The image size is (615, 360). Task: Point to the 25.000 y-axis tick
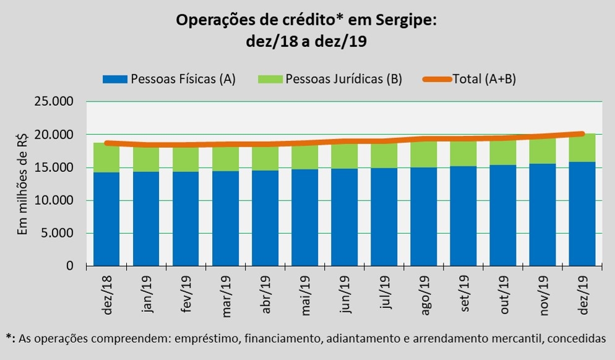click(54, 102)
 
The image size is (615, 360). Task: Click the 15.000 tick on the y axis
click(54, 168)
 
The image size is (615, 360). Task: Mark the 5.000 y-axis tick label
click(56, 233)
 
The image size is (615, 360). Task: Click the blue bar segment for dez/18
click(106, 219)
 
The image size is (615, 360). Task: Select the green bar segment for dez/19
click(582, 148)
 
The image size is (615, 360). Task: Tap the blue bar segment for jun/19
click(344, 217)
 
